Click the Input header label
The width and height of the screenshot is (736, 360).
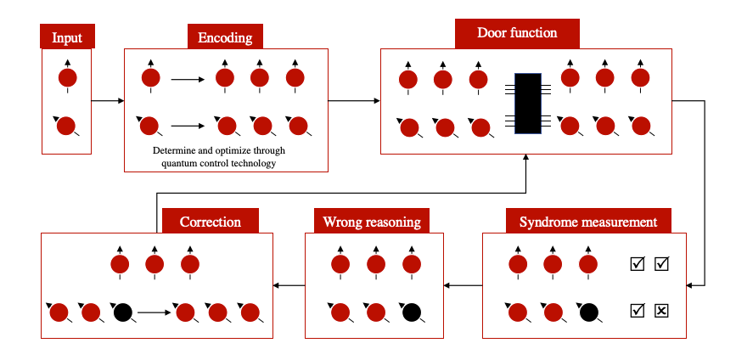67,37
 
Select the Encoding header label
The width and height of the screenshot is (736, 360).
225,37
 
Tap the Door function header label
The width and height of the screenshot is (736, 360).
517,33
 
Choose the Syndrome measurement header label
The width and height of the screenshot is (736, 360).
587,222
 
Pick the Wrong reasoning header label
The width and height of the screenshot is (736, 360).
371,222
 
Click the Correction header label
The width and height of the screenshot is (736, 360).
210,222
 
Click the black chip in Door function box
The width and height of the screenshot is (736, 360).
528,103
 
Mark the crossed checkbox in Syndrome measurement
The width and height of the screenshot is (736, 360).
662,311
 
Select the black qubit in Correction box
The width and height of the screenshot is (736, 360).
122,312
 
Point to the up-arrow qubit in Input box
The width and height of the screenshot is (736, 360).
67,77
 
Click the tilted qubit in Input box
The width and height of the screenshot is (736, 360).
67,126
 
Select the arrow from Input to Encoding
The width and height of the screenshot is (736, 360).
107,101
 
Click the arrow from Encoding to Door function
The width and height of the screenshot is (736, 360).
354,101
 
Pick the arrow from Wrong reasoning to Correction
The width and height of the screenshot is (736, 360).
289,286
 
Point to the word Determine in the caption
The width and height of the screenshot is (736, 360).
174,151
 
